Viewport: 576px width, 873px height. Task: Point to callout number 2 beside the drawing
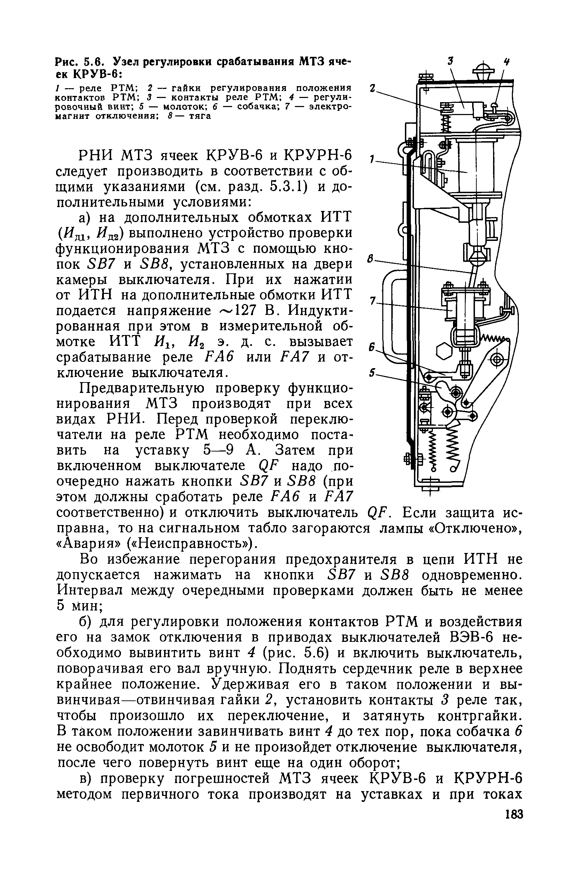[x=373, y=89]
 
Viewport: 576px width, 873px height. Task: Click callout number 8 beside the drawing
[x=371, y=259]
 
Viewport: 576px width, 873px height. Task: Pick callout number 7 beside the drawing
[x=373, y=301]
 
